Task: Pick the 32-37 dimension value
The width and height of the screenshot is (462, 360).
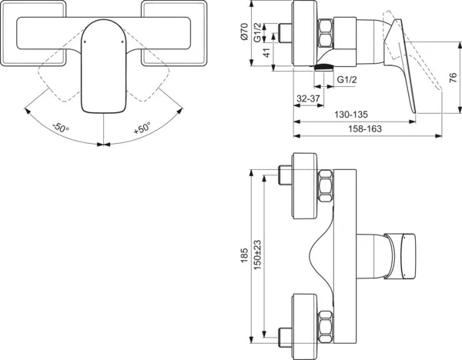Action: point(308,98)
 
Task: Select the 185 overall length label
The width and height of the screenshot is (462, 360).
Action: point(244,254)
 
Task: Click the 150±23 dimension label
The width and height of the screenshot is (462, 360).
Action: point(260,254)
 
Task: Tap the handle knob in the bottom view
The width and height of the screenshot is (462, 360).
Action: point(404,254)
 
